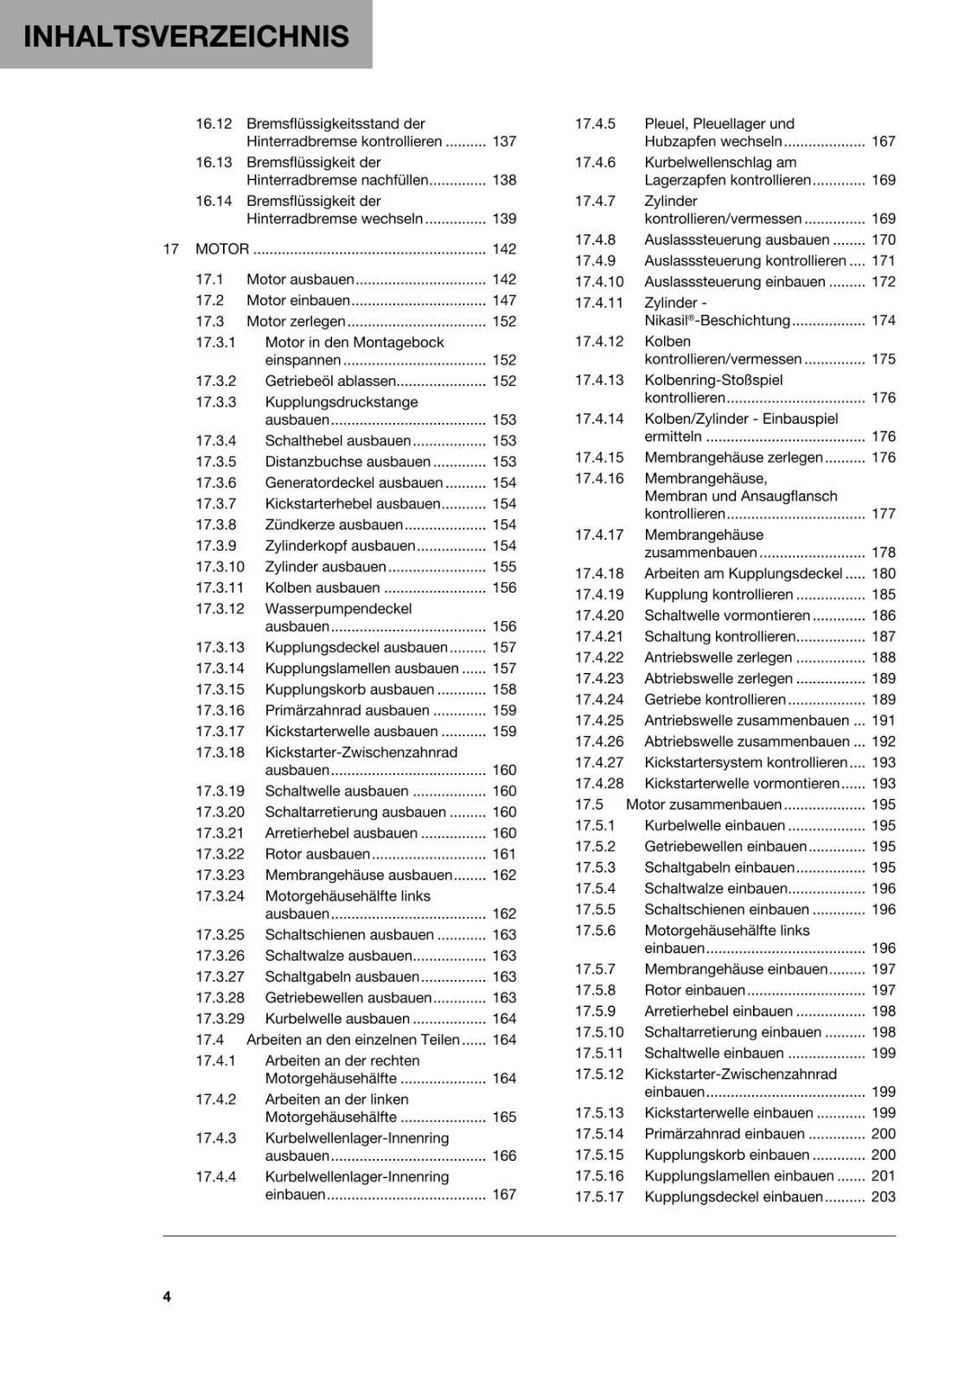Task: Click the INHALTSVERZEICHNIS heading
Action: coord(186,36)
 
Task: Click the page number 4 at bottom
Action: coord(167,1296)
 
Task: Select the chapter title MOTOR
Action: coord(222,249)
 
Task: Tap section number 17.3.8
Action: coord(216,525)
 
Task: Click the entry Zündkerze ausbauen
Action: coord(334,525)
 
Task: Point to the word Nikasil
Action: coord(665,321)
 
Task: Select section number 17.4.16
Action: coord(599,478)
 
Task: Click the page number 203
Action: coord(883,1197)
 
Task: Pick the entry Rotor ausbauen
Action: coord(317,855)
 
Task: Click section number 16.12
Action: coord(214,124)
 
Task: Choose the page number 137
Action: coord(504,142)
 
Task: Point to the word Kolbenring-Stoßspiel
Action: coord(713,381)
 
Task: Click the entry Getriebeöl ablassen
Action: coord(330,381)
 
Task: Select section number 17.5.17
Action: coord(599,1197)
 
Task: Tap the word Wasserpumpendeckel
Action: coord(338,609)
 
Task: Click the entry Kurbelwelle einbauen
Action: coord(714,826)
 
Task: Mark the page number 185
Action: coord(883,595)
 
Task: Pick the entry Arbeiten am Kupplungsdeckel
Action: coord(743,573)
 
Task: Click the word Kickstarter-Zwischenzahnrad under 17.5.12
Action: coord(740,1074)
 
